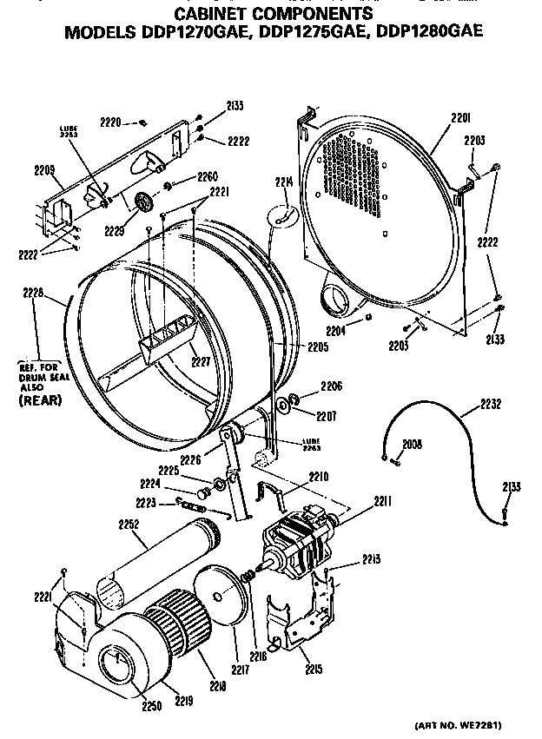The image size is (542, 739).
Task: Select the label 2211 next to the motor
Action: point(358,501)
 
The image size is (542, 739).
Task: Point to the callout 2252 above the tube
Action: point(129,524)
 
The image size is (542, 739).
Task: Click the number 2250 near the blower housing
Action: point(152,706)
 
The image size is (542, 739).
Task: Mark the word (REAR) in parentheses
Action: point(38,402)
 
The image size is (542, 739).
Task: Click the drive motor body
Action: point(300,542)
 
